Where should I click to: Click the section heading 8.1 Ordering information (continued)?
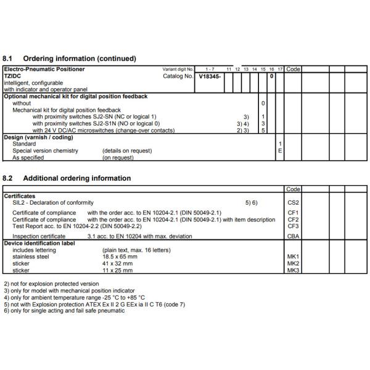click(70, 59)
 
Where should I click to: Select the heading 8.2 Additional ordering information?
click(67, 179)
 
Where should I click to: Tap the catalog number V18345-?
click(210, 76)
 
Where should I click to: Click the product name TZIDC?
click(12, 76)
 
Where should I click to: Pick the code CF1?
click(293, 213)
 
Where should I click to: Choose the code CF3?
click(293, 226)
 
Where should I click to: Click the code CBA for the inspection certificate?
click(293, 236)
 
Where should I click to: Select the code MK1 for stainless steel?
click(293, 257)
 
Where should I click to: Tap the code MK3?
click(293, 270)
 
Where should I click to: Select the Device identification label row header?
click(39, 243)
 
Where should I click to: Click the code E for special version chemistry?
click(280, 150)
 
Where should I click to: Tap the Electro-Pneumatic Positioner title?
click(44, 69)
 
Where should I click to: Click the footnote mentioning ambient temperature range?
click(67, 297)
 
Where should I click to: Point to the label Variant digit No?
click(178, 70)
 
